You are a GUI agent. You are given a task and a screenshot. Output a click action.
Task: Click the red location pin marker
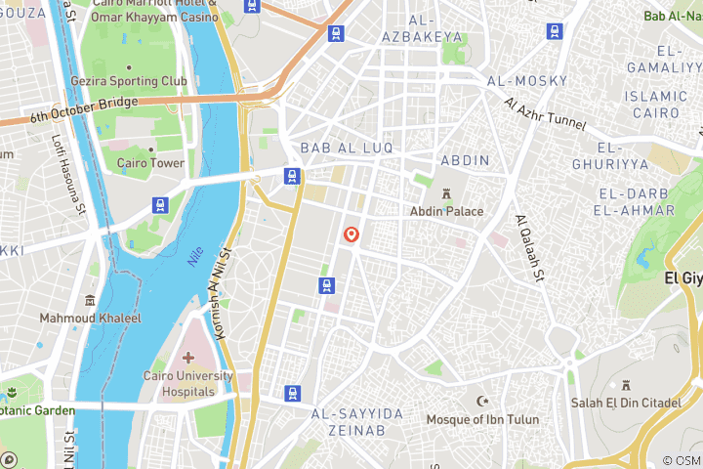(x=351, y=235)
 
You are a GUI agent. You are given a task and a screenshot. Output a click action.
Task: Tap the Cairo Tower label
(x=150, y=163)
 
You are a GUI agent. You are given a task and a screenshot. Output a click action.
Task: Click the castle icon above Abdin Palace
(x=446, y=192)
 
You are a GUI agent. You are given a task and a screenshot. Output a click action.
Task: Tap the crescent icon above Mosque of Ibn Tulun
(x=480, y=402)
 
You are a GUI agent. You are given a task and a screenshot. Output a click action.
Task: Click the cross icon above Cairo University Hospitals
(x=187, y=359)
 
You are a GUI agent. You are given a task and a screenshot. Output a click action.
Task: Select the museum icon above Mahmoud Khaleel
(x=90, y=300)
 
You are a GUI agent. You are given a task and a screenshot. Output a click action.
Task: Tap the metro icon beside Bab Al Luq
(x=291, y=176)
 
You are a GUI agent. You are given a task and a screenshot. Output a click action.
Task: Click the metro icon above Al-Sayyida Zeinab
(x=293, y=393)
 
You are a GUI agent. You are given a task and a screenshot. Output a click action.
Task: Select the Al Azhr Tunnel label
(x=544, y=114)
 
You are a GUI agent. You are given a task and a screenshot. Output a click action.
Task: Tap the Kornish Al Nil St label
(x=220, y=292)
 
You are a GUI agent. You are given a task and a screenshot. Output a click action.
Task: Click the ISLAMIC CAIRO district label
(x=656, y=105)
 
